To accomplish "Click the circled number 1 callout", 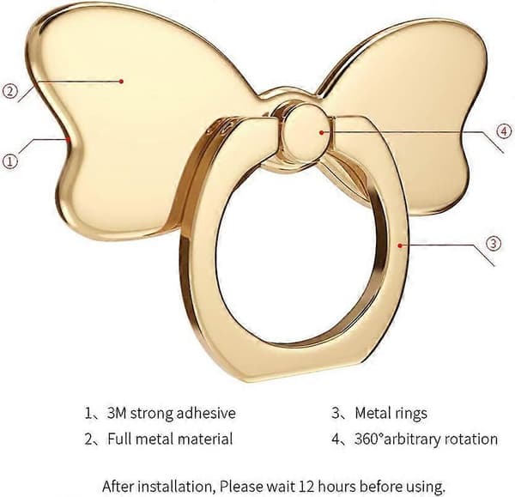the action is click(x=9, y=161).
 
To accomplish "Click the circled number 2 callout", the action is click(x=9, y=91).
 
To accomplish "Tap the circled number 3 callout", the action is click(x=494, y=244).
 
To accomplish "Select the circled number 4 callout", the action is click(x=504, y=131).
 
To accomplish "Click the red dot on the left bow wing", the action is click(x=121, y=82).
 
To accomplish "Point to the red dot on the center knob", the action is click(x=322, y=132).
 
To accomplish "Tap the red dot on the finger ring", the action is click(x=400, y=245).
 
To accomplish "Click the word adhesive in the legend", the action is click(x=206, y=413).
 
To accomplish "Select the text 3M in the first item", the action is click(x=117, y=413).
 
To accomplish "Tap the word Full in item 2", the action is click(x=119, y=439).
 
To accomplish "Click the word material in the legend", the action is click(x=204, y=439).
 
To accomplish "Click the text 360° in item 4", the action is click(x=368, y=439).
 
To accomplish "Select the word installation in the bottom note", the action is click(x=177, y=487).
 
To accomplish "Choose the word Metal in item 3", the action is click(x=373, y=413).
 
